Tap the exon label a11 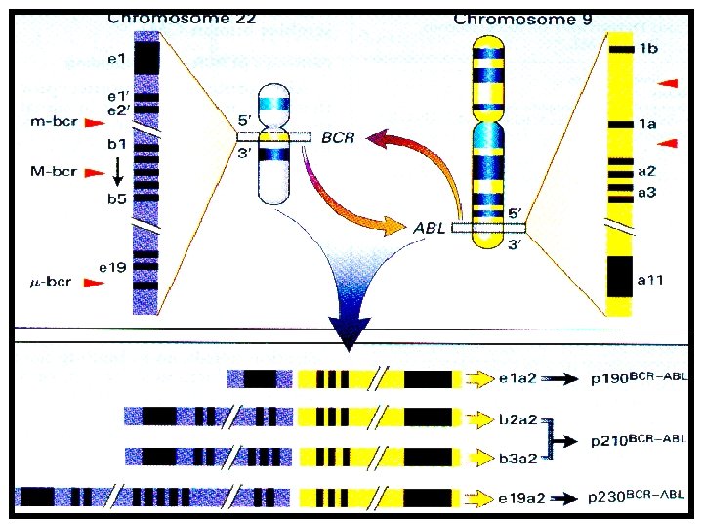tap(649, 281)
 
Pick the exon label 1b tap(646, 48)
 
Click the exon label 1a tap(646, 124)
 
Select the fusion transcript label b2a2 tap(517, 419)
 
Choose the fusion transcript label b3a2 tap(517, 457)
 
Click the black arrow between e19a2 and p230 tap(565, 498)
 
